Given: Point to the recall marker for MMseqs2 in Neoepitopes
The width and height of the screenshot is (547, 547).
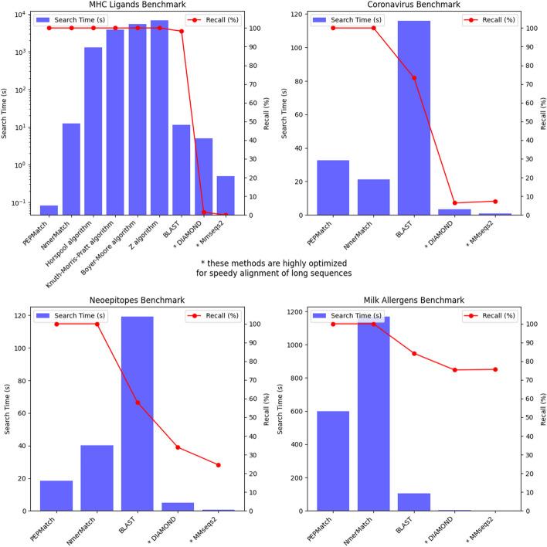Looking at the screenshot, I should pyautogui.click(x=218, y=465).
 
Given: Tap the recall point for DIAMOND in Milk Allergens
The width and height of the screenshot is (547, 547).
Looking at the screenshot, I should pyautogui.click(x=454, y=370).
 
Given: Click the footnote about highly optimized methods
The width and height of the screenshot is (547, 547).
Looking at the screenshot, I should pyautogui.click(x=272, y=267).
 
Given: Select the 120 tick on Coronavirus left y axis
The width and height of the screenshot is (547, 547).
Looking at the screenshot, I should pyautogui.click(x=300, y=14).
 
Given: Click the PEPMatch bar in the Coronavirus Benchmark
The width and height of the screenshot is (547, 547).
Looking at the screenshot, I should pyautogui.click(x=333, y=188).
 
